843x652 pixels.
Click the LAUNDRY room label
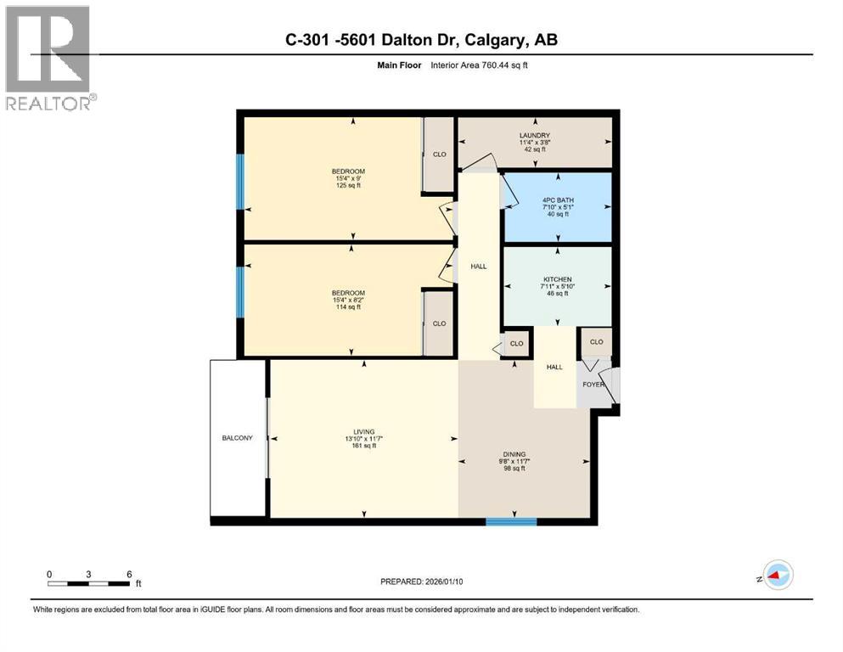click(x=535, y=135)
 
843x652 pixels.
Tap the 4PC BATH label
click(x=557, y=200)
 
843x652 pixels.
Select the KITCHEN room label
click(x=557, y=279)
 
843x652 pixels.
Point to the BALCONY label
click(x=238, y=438)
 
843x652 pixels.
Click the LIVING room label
click(x=364, y=430)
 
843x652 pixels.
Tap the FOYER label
click(x=593, y=384)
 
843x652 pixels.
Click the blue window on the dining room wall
click(x=511, y=521)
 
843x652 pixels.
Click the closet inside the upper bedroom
click(x=439, y=154)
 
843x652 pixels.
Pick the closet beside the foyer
click(x=596, y=342)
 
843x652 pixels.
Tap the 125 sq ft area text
click(x=348, y=187)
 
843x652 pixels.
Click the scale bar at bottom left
click(x=89, y=582)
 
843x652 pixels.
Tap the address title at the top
click(x=420, y=39)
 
